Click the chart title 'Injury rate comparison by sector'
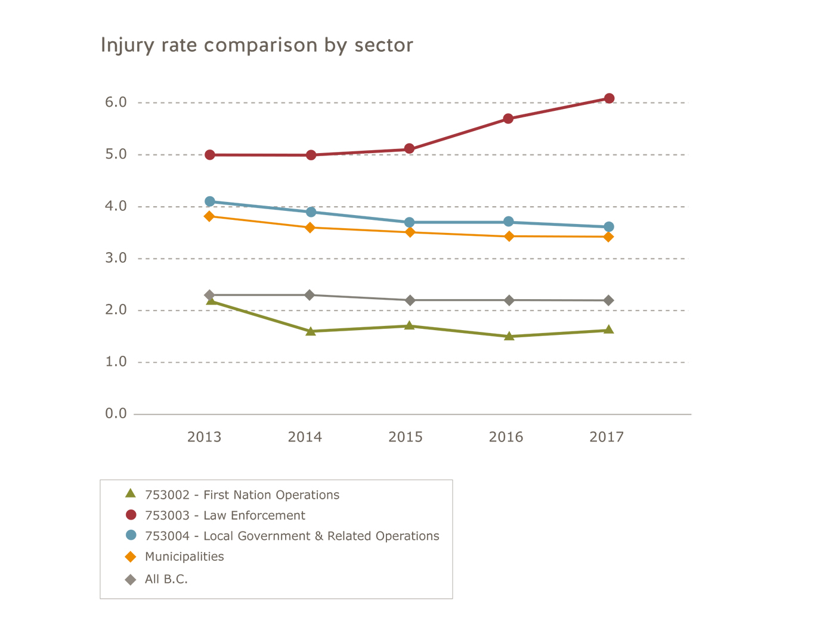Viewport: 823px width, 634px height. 256,45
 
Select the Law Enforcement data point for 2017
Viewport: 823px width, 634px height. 609,98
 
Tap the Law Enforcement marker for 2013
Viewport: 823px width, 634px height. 210,155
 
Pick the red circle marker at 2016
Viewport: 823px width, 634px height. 508,119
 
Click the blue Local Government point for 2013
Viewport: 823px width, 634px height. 210,201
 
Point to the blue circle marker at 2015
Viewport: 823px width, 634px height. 409,222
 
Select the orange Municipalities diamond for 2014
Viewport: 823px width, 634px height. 310,228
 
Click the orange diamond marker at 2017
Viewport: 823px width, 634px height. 608,237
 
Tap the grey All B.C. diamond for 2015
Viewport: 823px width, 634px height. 410,300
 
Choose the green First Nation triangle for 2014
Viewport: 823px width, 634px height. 310,331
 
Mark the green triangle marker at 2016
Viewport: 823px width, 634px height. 509,336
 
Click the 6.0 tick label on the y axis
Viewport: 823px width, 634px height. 116,102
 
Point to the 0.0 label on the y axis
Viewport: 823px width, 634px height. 116,414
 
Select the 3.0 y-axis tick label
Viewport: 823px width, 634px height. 116,258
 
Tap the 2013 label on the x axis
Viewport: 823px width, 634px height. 204,437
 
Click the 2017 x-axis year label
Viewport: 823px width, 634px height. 607,437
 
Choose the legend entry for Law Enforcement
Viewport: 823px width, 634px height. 225,515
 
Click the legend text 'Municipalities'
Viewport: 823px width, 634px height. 184,557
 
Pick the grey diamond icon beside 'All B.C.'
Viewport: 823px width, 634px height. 131,580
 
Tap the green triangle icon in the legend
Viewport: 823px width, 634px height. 131,493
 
